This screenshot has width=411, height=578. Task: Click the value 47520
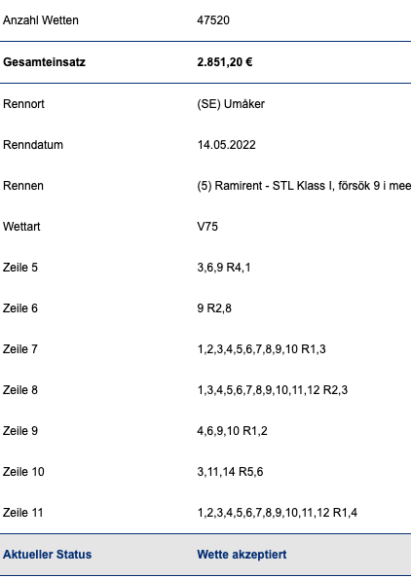click(213, 19)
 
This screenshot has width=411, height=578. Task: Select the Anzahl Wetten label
click(41, 19)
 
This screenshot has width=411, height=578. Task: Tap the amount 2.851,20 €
click(225, 62)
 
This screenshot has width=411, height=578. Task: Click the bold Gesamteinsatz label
click(44, 62)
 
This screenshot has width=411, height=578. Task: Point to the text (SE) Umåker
click(231, 104)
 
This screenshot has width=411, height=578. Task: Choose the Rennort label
click(23, 104)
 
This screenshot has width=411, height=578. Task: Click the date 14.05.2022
click(227, 144)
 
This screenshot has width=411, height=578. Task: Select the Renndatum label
click(33, 144)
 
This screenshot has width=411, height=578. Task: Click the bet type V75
click(207, 227)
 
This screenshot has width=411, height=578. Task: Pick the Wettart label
click(21, 227)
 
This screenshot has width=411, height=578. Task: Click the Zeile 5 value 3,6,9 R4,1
click(224, 268)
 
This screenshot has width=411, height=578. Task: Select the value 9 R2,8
click(214, 308)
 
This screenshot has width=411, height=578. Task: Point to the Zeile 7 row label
click(20, 348)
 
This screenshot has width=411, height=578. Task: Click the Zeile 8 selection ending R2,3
click(273, 390)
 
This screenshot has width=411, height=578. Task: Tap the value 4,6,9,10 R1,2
click(232, 431)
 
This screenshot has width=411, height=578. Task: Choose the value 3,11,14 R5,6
click(230, 472)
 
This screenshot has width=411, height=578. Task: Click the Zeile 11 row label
click(22, 513)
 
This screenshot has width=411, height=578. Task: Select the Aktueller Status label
click(47, 555)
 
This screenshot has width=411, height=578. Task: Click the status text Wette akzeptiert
click(242, 555)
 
